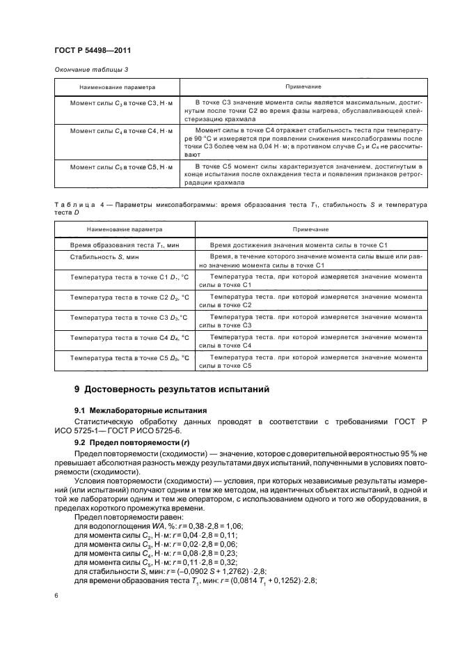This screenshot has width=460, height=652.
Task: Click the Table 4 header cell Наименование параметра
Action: click(116, 228)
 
